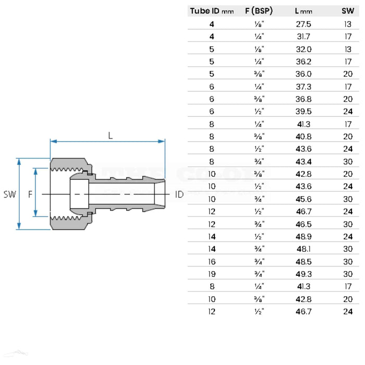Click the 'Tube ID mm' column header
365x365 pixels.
tap(212, 10)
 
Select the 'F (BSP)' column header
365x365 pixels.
tap(257, 10)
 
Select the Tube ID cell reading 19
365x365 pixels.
tap(212, 274)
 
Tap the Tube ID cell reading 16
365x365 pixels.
tap(212, 261)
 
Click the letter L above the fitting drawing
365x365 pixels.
tap(110, 135)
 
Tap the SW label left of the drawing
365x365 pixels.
tap(9, 194)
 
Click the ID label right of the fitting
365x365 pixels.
tap(179, 194)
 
